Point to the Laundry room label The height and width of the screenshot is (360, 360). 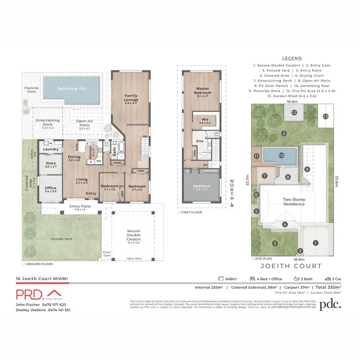[x=50, y=149]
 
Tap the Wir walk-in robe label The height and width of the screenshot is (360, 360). [x=205, y=120]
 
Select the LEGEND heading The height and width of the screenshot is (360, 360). [x=292, y=58]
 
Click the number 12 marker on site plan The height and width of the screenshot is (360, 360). [x=294, y=113]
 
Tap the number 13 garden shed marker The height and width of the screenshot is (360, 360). [x=325, y=116]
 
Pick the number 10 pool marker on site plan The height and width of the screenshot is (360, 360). [x=282, y=156]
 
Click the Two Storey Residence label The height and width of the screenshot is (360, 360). [x=294, y=201]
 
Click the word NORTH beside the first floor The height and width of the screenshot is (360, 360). [x=231, y=189]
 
